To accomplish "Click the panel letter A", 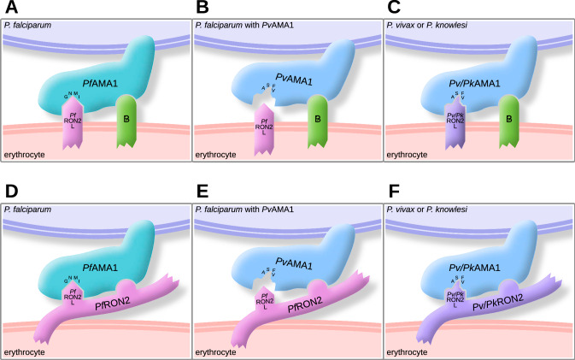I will point(9,8).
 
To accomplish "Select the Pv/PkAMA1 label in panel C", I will point(478,83).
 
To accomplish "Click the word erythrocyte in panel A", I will point(25,156).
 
